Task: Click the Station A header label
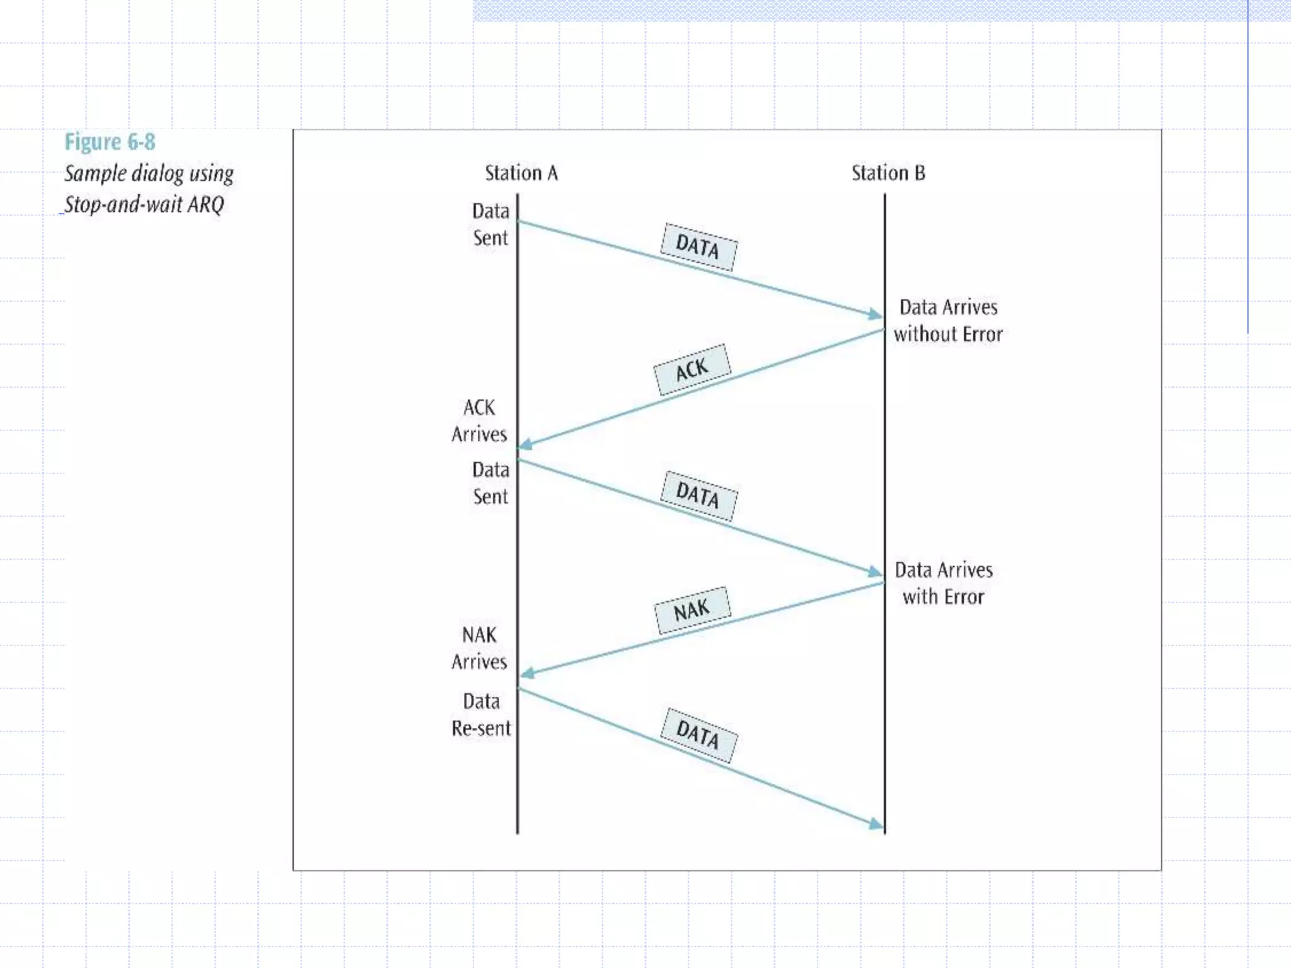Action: click(x=521, y=173)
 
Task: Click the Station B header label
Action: click(x=888, y=173)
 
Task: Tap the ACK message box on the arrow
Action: click(x=692, y=369)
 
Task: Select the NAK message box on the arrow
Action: click(x=692, y=610)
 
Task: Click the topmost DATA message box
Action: click(x=698, y=247)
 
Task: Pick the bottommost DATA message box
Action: click(x=698, y=735)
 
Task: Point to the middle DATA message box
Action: click(x=698, y=495)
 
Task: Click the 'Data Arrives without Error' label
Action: click(x=948, y=321)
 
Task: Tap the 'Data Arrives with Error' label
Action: click(x=944, y=584)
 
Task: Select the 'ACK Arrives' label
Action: click(x=479, y=421)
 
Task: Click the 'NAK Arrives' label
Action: click(x=479, y=648)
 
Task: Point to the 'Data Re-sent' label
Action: click(x=481, y=715)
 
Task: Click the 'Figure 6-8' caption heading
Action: click(x=110, y=142)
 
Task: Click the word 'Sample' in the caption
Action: click(x=95, y=173)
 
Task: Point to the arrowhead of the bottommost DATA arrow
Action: click(x=876, y=824)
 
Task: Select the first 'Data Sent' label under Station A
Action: click(x=490, y=224)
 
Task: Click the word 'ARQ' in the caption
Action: click(x=206, y=204)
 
